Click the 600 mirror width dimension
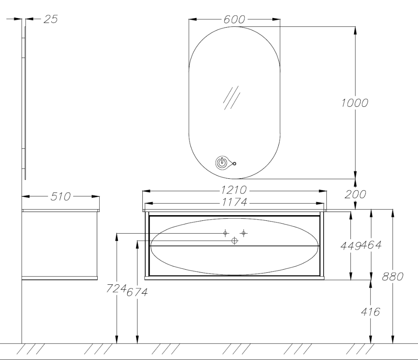[x=234, y=20]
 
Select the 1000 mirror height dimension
[x=355, y=103]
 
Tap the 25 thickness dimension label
[x=50, y=19]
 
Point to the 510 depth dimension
[x=60, y=196]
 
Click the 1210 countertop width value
[x=234, y=190]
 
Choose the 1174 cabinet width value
[x=234, y=202]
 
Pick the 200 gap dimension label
[x=355, y=194]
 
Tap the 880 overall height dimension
[x=393, y=276]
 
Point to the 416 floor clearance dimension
[x=370, y=312]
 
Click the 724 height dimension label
[x=116, y=288]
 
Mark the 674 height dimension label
[x=137, y=292]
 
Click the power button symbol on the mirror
[x=222, y=163]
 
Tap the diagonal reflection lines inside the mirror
[x=231, y=98]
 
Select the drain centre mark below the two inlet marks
[x=234, y=241]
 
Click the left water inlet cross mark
[x=225, y=233]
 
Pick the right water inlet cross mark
[x=243, y=233]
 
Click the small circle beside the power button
[x=234, y=164]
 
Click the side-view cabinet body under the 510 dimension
[x=60, y=244]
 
